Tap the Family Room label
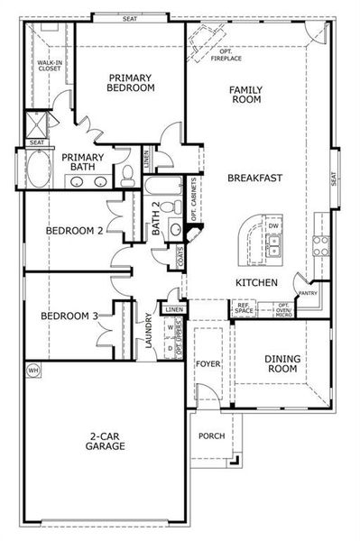click(245, 94)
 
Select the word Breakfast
click(255, 178)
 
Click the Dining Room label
click(282, 363)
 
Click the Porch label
click(211, 436)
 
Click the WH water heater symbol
click(33, 370)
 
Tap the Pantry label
click(309, 292)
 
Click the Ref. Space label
click(244, 308)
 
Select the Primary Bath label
click(84, 162)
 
